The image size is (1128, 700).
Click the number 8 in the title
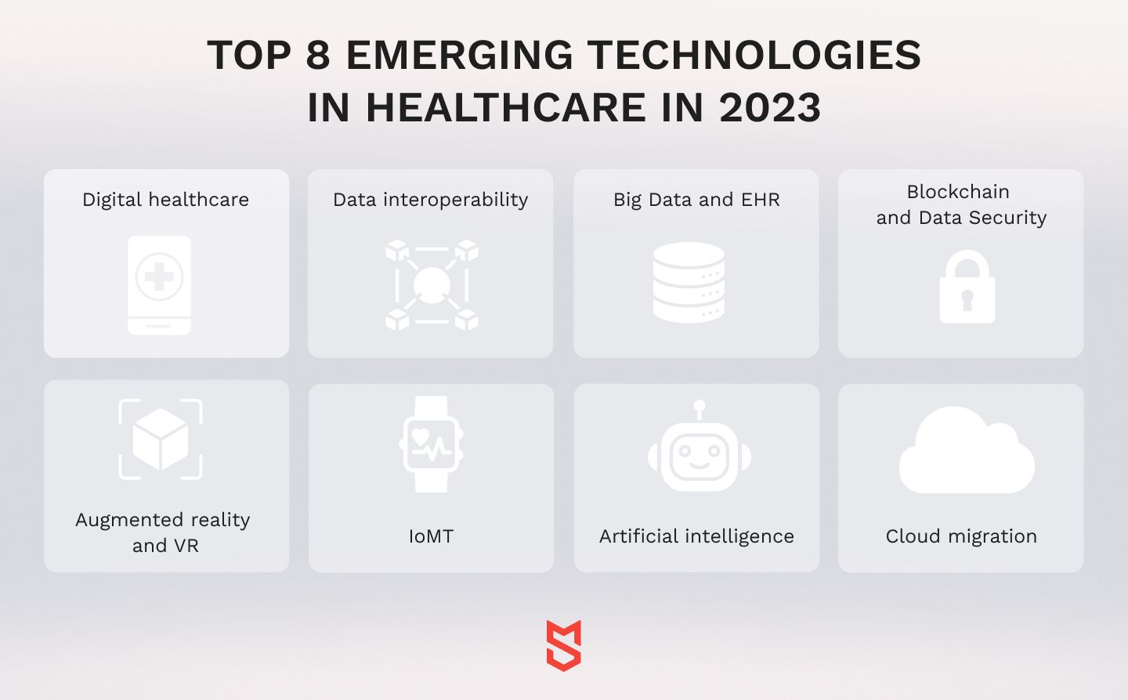318,55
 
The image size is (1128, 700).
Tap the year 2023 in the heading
770,107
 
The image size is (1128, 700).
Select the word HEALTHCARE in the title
505,107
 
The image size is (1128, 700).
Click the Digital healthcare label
166,200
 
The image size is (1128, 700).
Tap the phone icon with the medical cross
159,285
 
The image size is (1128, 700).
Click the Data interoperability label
431,200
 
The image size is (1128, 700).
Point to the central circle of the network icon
432,285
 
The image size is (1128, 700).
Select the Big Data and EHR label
696,200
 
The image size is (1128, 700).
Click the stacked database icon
689,283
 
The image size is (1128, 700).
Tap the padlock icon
967,287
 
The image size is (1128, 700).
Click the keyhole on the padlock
967,300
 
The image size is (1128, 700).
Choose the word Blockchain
958,192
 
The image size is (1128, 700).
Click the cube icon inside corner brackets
161,438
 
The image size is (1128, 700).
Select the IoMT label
431,536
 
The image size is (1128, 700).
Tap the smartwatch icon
431,445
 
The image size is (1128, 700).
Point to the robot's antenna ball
700,406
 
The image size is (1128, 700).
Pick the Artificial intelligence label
696,536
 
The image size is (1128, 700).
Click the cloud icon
967,450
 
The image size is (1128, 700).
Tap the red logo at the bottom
564,646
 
